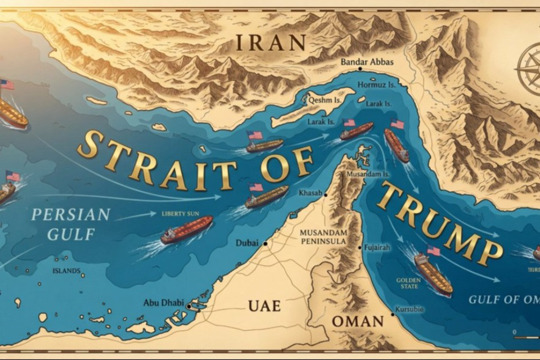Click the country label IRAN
tap(271, 42)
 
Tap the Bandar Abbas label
tap(367, 62)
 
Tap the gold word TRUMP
tap(439, 225)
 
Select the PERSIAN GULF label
tap(62, 224)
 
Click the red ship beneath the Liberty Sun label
tap(187, 229)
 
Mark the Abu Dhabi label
tap(163, 303)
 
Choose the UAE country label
tap(264, 305)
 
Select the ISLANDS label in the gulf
tap(66, 271)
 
